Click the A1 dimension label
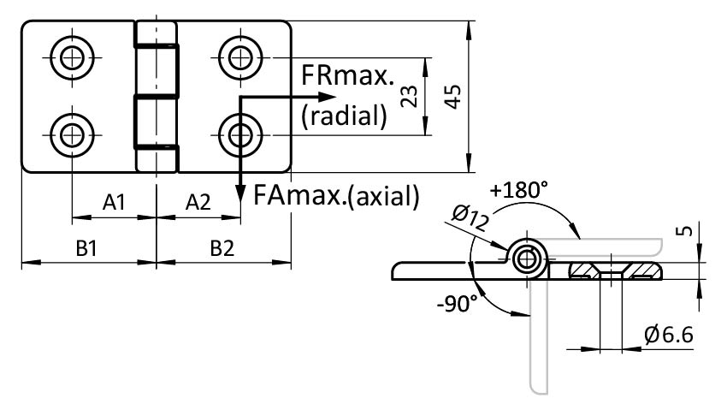[x=115, y=203]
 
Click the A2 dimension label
[x=198, y=203]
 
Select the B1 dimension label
[x=86, y=248]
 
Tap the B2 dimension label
[x=222, y=248]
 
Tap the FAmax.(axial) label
[x=336, y=196]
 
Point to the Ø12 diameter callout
[x=470, y=220]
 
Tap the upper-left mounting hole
[x=71, y=57]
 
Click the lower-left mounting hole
[x=71, y=132]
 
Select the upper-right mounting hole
[x=240, y=57]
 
